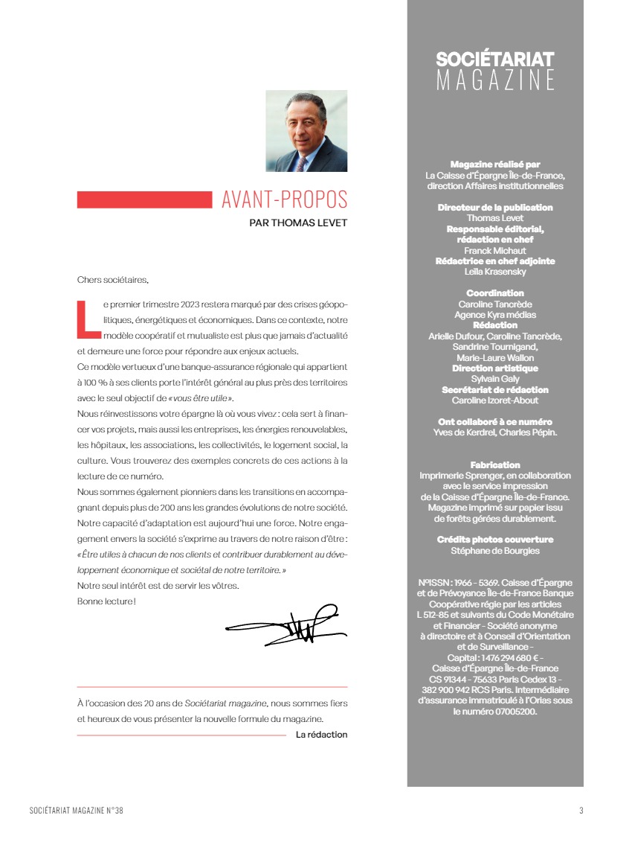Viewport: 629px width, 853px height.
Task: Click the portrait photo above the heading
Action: coord(306,131)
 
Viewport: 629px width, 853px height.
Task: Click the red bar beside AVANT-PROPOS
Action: coord(144,199)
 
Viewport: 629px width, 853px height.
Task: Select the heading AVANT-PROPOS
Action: coord(284,199)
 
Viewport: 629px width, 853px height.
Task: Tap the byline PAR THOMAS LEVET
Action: coord(298,222)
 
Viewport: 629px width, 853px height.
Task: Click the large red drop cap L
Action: coord(88,316)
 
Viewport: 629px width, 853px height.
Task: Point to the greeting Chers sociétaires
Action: coord(113,280)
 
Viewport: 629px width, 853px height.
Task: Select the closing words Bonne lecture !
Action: coord(106,601)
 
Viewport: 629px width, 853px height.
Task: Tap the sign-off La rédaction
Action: coord(321,735)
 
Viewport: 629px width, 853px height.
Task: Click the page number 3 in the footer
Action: coord(581,811)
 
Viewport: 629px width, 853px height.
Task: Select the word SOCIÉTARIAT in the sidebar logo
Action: coord(495,60)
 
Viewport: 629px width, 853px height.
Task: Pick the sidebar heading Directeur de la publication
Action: coord(495,208)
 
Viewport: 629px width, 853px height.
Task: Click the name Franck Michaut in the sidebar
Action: coord(495,251)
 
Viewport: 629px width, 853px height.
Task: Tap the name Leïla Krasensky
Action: coord(495,272)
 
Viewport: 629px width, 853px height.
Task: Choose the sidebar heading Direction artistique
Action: coord(495,368)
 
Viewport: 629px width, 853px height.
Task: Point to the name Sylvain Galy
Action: coord(495,379)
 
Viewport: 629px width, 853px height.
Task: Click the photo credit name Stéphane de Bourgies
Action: coord(495,551)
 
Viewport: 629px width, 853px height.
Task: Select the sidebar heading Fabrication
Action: coord(495,464)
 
